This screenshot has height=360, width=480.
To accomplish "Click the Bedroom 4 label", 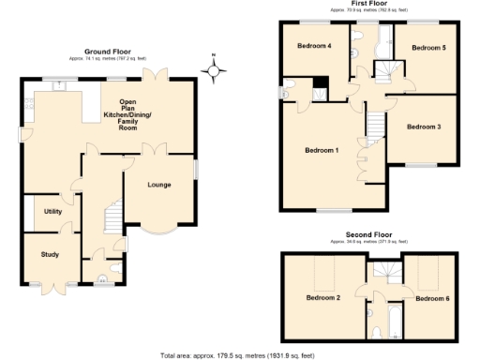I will pyautogui.click(x=315, y=46).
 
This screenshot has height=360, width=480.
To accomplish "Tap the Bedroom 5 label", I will pyautogui.click(x=429, y=46).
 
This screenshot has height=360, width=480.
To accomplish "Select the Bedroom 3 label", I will pyautogui.click(x=426, y=126).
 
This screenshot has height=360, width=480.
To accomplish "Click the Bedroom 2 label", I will pyautogui.click(x=323, y=298).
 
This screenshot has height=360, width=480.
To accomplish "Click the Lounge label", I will pyautogui.click(x=159, y=184).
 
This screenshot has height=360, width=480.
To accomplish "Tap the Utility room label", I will pyautogui.click(x=52, y=211).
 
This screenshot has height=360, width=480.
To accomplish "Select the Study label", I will pyautogui.click(x=50, y=254).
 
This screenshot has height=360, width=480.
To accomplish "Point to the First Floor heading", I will pyautogui.click(x=370, y=5).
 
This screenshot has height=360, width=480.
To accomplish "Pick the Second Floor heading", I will pyautogui.click(x=369, y=233).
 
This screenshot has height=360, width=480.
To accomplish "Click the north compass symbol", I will pyautogui.click(x=215, y=69).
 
